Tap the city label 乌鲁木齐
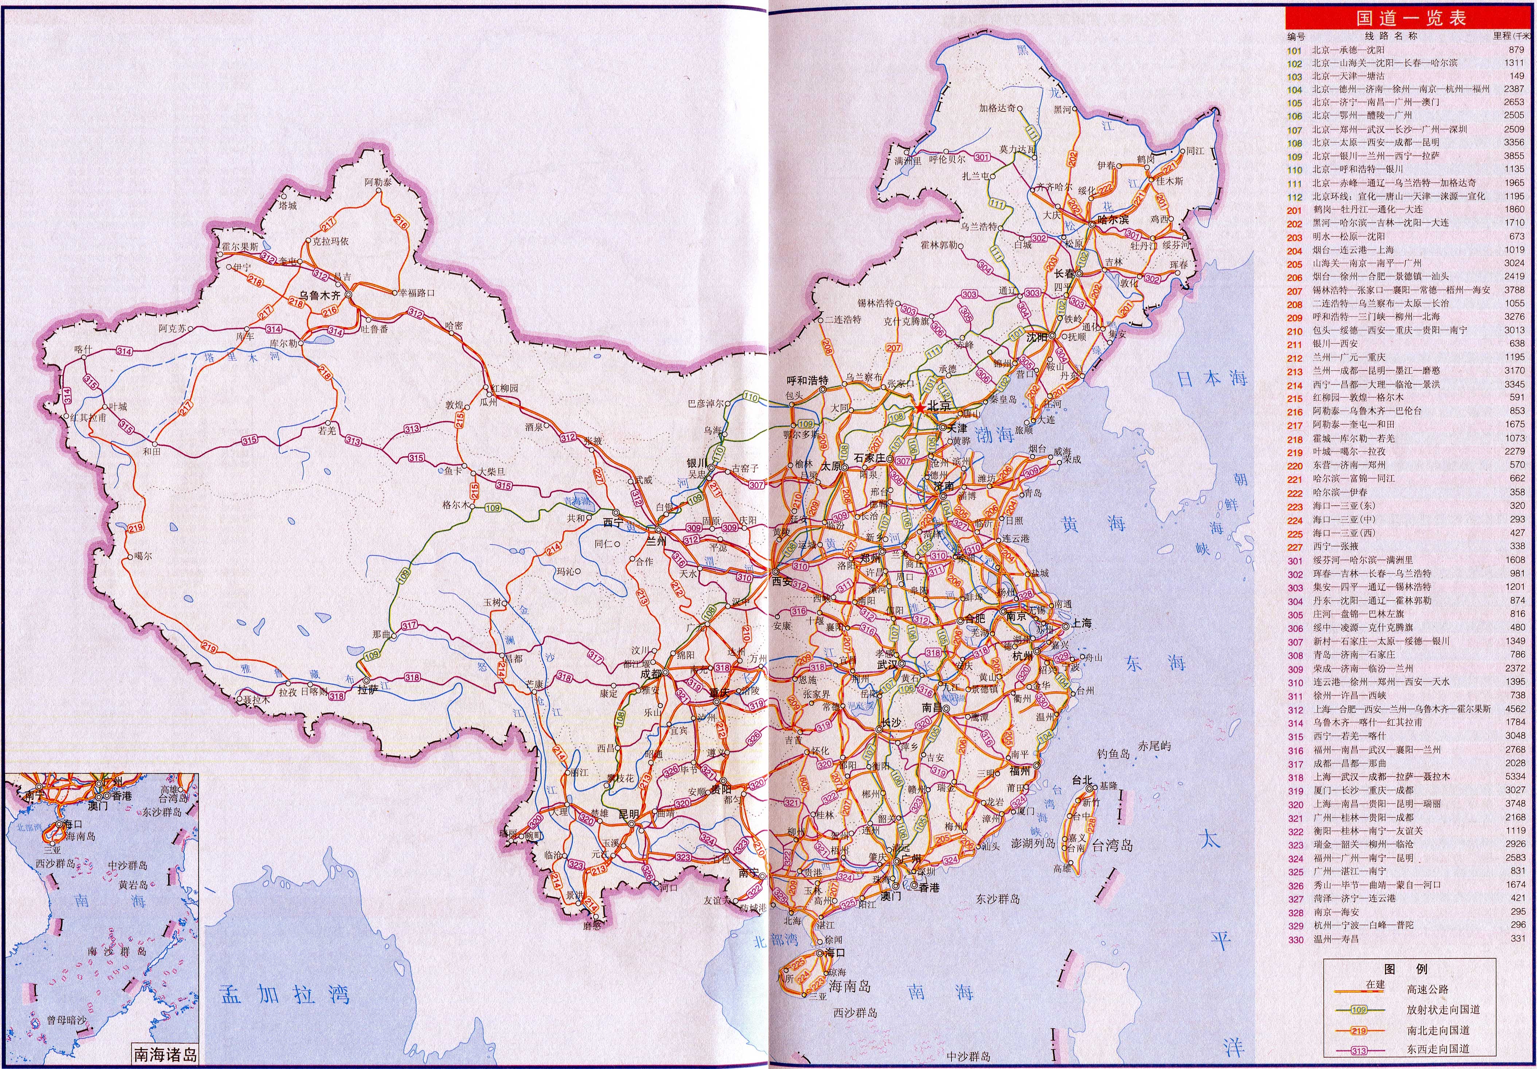click(319, 295)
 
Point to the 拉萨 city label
click(367, 689)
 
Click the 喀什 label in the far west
click(83, 349)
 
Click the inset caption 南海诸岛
click(166, 1055)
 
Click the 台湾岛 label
click(1112, 846)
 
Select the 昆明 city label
click(628, 814)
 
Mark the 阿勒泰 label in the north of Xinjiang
click(378, 182)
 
